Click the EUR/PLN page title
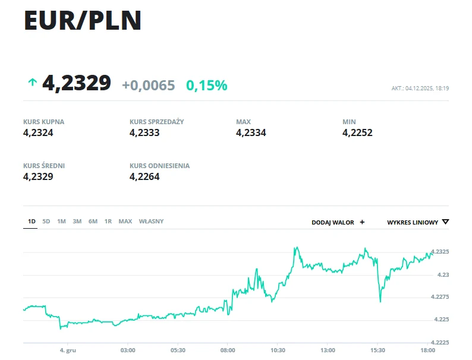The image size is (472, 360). tap(83, 21)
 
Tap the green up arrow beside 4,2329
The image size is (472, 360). tap(32, 83)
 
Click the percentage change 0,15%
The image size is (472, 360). tap(207, 86)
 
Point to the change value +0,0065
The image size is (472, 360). tap(149, 86)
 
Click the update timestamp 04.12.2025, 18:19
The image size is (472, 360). tap(420, 89)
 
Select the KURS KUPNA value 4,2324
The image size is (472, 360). tap(39, 133)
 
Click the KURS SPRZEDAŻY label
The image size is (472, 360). tap(156, 122)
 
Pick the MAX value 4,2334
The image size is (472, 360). tap(251, 133)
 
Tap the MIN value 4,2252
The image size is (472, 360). tap(357, 133)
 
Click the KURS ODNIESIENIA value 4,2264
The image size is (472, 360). tap(144, 177)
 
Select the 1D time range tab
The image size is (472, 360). tap(32, 222)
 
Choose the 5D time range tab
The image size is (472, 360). tap(46, 222)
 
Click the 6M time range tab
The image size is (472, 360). tap(93, 222)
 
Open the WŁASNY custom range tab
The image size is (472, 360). tap(151, 222)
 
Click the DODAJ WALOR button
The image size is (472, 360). tap(338, 222)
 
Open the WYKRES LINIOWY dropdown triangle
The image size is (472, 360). tap(446, 222)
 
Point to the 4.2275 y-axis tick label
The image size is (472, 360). tap(439, 297)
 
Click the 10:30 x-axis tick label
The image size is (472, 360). tap(278, 350)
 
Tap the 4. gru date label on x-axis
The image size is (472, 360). tap(68, 350)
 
